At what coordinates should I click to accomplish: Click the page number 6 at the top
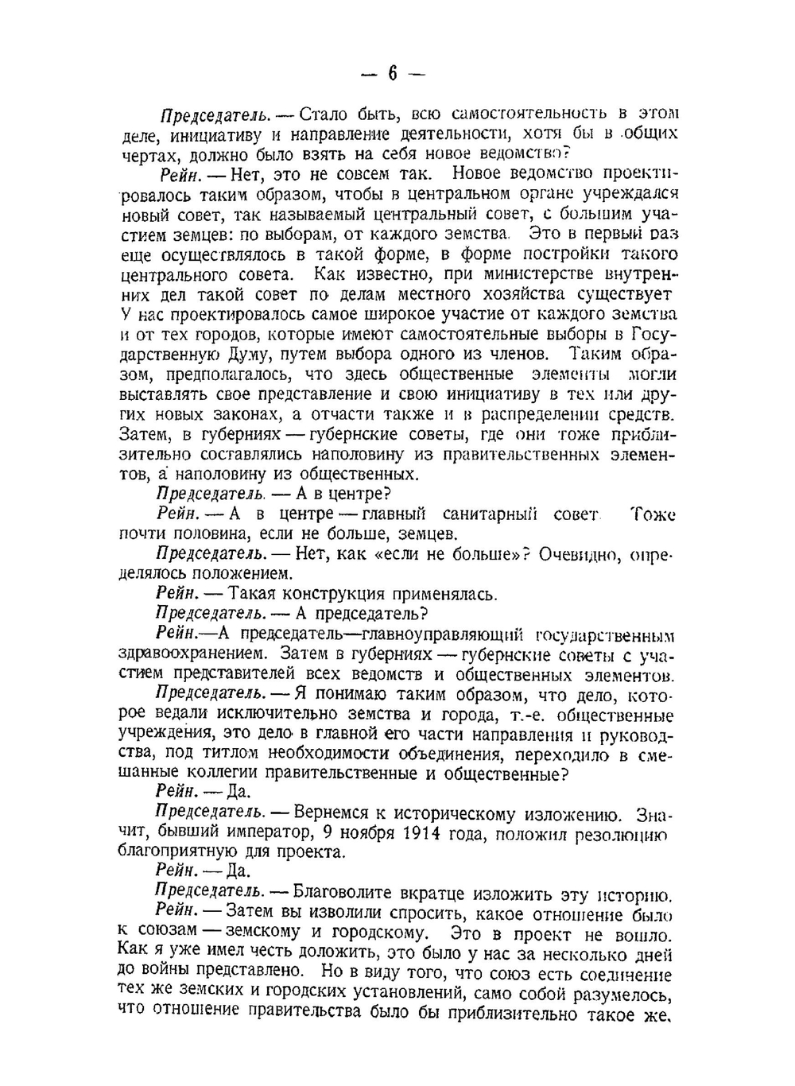pyautogui.click(x=392, y=73)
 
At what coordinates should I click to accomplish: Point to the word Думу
pyautogui.click(x=230, y=354)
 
